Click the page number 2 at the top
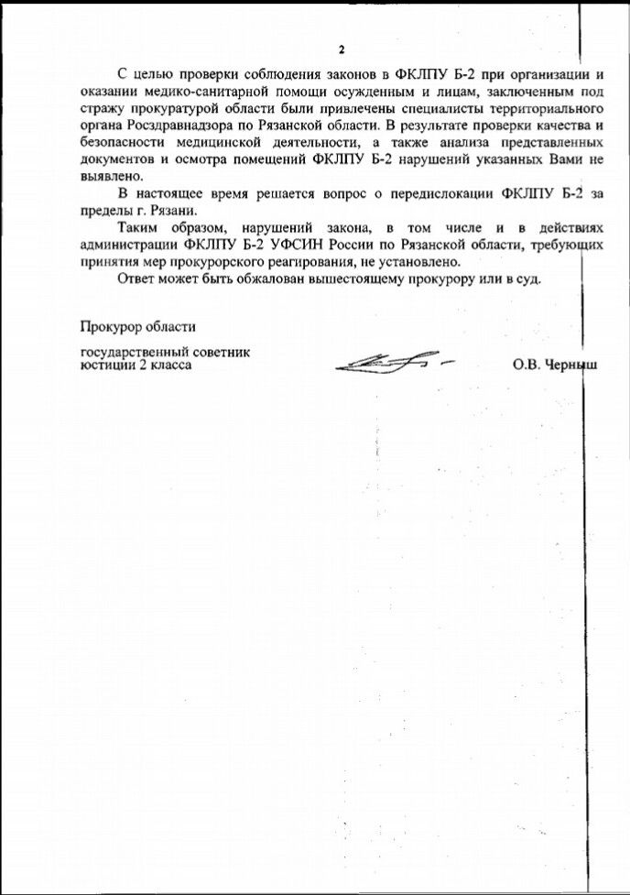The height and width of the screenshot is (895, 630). [341, 49]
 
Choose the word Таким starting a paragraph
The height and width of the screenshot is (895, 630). [139, 229]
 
